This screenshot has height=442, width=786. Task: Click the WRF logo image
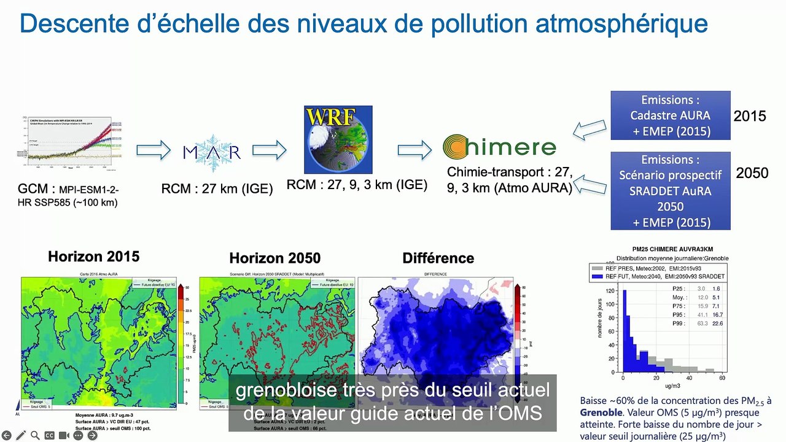338,139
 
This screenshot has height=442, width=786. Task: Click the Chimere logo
499,147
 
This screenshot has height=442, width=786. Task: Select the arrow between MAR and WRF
269,150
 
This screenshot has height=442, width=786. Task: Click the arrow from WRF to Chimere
414,150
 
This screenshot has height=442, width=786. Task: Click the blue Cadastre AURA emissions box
671,115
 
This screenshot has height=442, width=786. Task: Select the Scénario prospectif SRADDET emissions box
671,191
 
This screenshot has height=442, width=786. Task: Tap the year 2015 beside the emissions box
750,115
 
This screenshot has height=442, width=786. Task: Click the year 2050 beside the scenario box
752,173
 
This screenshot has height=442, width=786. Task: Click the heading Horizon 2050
274,258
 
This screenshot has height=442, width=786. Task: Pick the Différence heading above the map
438,258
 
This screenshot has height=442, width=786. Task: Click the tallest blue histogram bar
625,331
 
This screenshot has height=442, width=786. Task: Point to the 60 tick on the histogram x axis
722,378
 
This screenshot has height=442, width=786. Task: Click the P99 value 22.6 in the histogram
716,324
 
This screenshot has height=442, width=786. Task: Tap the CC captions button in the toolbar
50,435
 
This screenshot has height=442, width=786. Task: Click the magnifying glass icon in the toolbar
35,435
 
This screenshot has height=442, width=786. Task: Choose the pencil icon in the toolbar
21,435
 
